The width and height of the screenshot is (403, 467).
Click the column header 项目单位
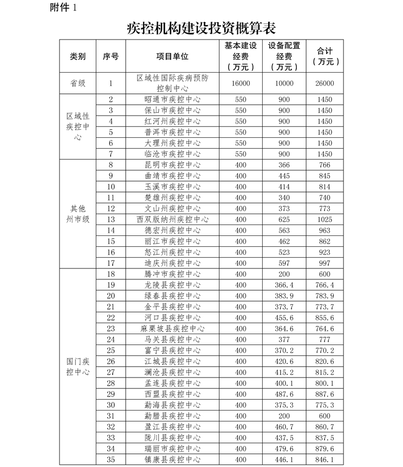click(x=172, y=56)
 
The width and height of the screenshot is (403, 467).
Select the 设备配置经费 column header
click(x=284, y=56)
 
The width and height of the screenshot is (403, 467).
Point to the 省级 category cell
click(x=77, y=84)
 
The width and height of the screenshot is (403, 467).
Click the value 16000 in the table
click(x=240, y=84)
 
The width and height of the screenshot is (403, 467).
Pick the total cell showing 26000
click(x=325, y=84)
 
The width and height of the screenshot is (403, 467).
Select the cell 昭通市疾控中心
click(x=172, y=100)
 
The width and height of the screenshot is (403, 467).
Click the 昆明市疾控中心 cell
click(x=172, y=165)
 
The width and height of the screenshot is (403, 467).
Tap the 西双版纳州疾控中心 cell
click(x=172, y=219)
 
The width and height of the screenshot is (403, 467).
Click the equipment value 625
click(x=284, y=219)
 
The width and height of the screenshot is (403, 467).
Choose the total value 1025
click(x=325, y=219)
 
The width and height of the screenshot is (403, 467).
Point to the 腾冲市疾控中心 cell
click(x=172, y=274)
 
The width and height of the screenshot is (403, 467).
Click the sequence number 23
click(x=111, y=329)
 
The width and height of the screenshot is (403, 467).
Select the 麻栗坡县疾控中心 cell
click(x=172, y=329)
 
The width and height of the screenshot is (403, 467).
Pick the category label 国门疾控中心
click(x=77, y=367)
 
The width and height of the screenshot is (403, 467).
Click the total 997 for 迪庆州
click(x=325, y=263)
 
